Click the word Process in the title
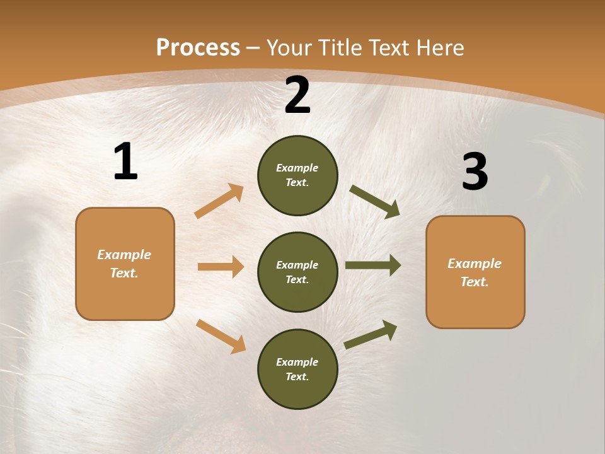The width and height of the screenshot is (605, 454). click(198, 48)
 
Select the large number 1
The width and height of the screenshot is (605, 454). click(125, 162)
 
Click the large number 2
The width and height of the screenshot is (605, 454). click(297, 95)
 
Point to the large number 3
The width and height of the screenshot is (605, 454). click(475, 172)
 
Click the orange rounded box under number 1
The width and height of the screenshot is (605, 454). click(125, 264)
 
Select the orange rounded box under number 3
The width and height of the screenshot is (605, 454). click(475, 272)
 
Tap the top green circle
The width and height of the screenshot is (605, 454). click(297, 175)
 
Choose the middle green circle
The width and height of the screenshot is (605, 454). click(297, 272)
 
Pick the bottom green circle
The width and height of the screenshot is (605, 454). click(297, 369)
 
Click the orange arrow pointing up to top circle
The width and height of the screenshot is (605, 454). click(219, 201)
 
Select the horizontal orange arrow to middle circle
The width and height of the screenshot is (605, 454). click(221, 267)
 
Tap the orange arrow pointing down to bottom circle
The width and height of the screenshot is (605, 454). click(221, 336)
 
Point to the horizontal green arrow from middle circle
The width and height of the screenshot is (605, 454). click(372, 265)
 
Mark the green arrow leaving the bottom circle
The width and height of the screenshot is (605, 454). click(371, 335)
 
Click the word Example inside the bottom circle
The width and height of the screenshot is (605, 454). click(297, 362)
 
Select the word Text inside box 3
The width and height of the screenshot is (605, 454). click(474, 282)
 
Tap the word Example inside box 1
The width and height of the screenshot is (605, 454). click(124, 255)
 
